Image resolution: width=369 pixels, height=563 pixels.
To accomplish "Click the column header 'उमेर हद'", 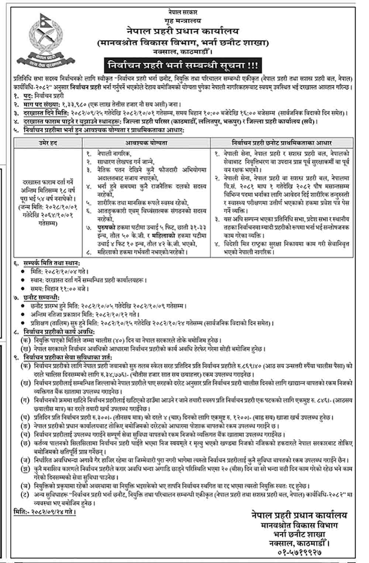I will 48,143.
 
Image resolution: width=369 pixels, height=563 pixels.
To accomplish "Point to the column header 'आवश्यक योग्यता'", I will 146,143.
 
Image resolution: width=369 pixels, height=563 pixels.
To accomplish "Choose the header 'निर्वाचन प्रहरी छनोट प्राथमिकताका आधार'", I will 282,143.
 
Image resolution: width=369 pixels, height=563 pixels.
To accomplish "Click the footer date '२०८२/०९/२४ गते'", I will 53,512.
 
